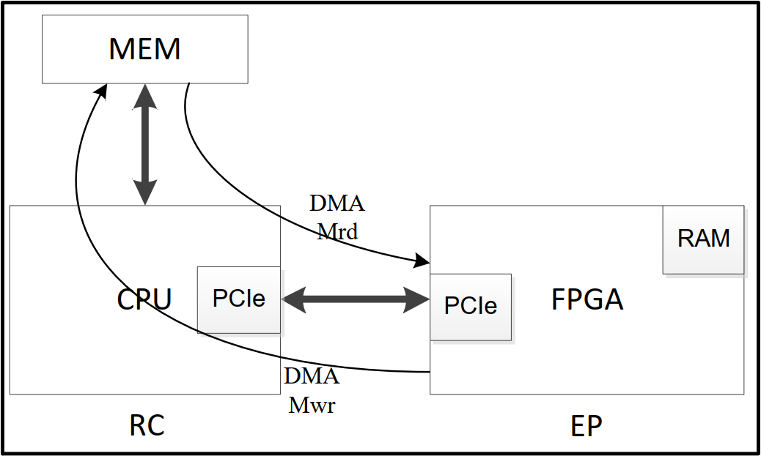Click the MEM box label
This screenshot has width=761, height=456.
(144, 49)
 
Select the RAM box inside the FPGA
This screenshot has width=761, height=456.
(703, 239)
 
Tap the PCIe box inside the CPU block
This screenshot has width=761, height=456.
(238, 299)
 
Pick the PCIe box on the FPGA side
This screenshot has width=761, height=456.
(470, 306)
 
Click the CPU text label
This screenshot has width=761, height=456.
(144, 299)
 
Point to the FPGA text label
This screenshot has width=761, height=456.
(587, 300)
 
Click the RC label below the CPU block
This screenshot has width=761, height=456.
(147, 425)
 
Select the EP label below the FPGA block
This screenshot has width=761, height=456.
(586, 425)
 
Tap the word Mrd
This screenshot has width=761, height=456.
(337, 232)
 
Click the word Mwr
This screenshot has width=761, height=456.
(312, 405)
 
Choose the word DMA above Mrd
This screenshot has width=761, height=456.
(337, 203)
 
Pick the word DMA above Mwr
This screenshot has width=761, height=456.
(312, 376)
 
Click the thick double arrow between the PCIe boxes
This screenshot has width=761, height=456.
(356, 299)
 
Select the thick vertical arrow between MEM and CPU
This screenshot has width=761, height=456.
(145, 144)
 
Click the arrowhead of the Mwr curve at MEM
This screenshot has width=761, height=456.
(102, 91)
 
